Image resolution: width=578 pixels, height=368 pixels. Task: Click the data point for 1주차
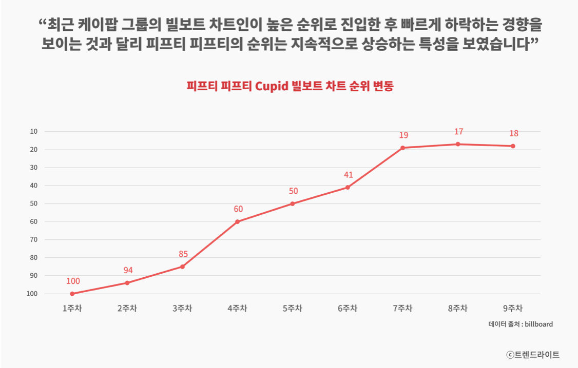(72, 294)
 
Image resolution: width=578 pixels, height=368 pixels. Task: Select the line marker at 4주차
(237, 221)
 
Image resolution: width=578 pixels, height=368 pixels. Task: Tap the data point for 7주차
(402, 148)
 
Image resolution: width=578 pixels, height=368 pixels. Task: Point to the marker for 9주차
(513, 146)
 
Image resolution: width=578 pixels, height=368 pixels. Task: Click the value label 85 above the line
(183, 254)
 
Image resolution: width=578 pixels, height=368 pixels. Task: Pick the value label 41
(349, 175)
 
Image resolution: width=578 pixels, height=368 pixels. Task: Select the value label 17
(458, 132)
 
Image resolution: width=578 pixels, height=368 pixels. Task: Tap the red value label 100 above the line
(73, 281)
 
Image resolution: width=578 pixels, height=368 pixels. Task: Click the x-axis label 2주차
(127, 308)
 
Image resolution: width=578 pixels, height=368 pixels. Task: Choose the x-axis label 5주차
(293, 308)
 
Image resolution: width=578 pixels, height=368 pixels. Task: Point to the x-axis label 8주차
(458, 308)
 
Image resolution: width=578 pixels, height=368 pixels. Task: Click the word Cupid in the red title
(272, 86)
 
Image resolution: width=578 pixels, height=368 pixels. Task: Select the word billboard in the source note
(538, 324)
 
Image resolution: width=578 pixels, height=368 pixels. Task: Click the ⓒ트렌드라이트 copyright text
(533, 354)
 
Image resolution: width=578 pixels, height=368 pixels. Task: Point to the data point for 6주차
(348, 187)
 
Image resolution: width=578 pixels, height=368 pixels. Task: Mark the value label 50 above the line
(293, 191)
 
